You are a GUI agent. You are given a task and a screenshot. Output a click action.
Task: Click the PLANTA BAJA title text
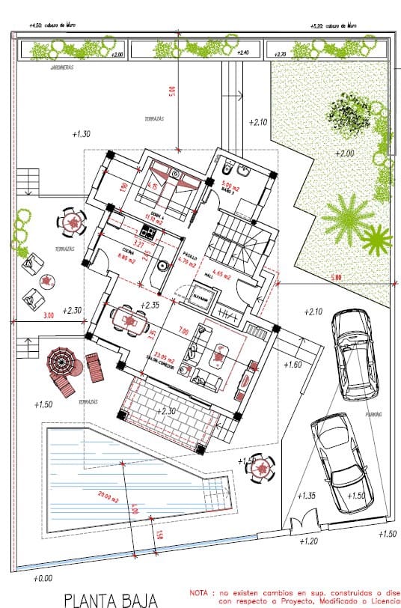coord(110,599)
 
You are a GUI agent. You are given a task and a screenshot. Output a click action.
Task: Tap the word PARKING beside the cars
coord(373,414)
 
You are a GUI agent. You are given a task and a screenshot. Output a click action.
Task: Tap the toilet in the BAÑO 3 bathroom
coord(230,165)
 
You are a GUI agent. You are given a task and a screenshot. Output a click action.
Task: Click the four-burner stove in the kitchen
coord(147,232)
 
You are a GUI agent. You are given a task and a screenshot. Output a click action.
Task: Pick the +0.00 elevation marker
coord(43,578)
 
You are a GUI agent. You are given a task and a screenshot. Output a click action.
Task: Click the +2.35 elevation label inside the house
coord(151,305)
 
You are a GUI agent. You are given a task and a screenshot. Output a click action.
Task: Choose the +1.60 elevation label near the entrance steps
coord(293,365)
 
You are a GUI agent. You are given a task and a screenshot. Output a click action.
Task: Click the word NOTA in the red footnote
coord(201,591)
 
